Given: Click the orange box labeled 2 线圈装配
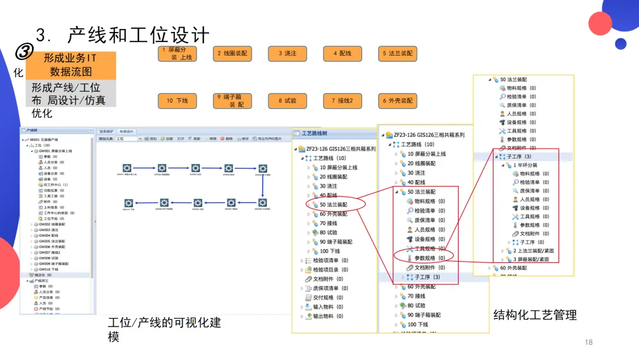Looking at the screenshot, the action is point(232,53).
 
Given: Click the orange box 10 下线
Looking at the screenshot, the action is point(177,101).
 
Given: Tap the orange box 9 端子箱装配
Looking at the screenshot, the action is point(232,101).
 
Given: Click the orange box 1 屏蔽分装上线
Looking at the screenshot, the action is point(177,54).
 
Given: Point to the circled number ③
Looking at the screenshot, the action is point(23,53).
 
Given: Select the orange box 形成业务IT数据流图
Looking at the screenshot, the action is point(70,65).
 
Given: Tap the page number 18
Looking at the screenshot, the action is point(588,342).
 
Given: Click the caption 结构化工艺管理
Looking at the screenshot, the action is point(535,315).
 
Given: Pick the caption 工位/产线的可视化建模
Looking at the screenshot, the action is point(164,329).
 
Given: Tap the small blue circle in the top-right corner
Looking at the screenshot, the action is point(620,43).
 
